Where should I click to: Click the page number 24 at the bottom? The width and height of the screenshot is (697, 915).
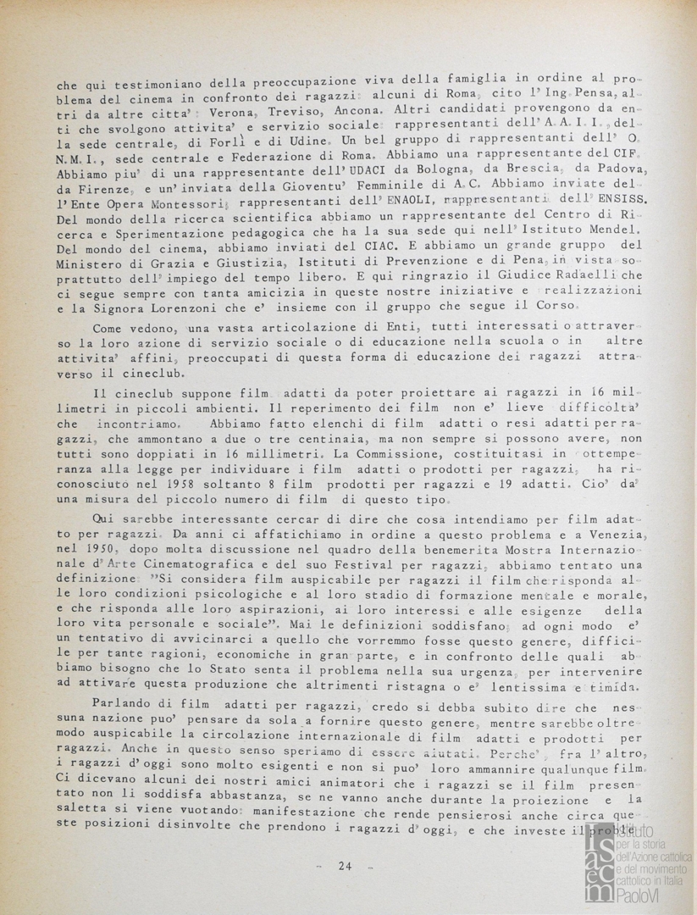(345, 865)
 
